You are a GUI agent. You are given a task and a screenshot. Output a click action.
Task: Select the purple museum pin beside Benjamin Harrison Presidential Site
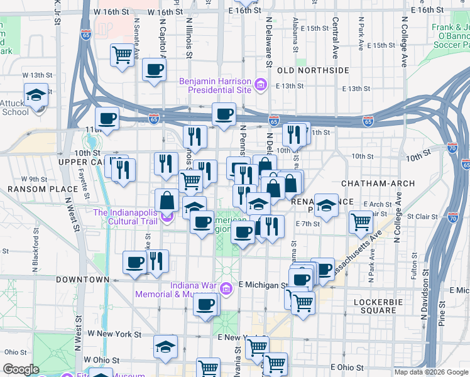[x=260, y=82]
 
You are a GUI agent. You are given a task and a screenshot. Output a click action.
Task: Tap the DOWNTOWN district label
[x=82, y=279]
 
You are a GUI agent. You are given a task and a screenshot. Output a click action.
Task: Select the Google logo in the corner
[x=21, y=369]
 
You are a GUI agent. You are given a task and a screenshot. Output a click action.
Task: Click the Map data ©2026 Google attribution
[x=431, y=372]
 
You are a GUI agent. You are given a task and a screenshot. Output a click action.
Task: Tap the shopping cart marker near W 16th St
[x=123, y=55]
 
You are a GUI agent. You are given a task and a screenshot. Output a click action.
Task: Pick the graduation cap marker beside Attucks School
[x=36, y=95]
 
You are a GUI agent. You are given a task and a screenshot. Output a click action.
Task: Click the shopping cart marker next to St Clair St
[x=361, y=222]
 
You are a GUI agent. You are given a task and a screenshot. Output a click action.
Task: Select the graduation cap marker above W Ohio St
[x=165, y=347]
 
